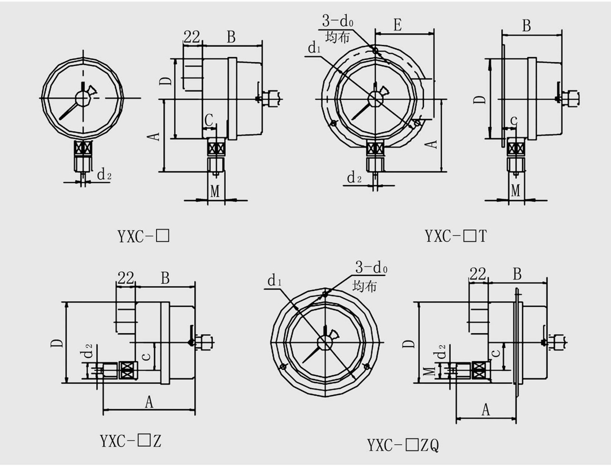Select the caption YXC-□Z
pos(131,441)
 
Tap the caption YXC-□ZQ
pos(403,445)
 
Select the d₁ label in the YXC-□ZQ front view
pos(274,280)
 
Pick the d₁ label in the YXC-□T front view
pos(314,48)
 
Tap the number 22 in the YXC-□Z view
pos(125,278)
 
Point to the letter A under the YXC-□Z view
pos(149,402)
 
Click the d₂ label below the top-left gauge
pos(104,174)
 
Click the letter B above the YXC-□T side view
pos(526,26)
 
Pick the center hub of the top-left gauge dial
pos(82,98)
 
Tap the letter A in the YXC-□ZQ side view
pos(486,410)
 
